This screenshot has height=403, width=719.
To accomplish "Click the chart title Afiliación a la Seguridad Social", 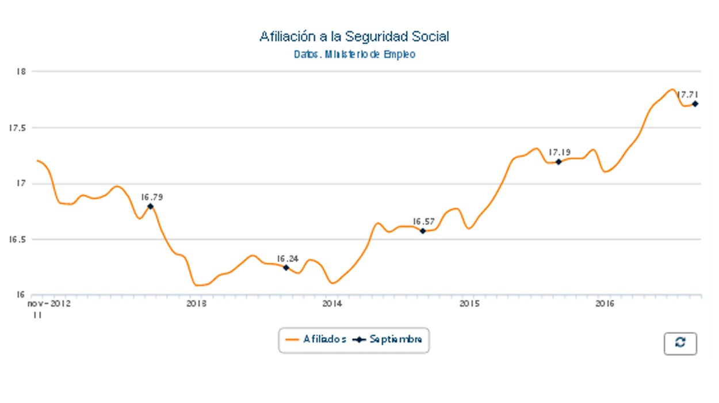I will (x=354, y=37).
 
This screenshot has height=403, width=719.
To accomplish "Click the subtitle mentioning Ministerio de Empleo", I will (x=354, y=55).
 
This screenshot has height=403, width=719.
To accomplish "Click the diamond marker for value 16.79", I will (x=150, y=206).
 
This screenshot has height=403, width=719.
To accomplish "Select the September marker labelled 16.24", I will (x=286, y=268).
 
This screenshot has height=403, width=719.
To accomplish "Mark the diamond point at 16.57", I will (x=423, y=231).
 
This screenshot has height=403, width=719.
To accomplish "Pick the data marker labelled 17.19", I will (x=559, y=162).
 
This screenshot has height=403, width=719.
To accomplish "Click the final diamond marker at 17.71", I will (x=695, y=104).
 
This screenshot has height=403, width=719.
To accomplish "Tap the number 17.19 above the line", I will (x=559, y=153).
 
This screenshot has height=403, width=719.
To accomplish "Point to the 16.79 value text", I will (x=151, y=197).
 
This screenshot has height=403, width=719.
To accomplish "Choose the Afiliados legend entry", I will (x=316, y=340).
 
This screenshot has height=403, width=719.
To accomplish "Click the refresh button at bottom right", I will (x=680, y=343).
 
